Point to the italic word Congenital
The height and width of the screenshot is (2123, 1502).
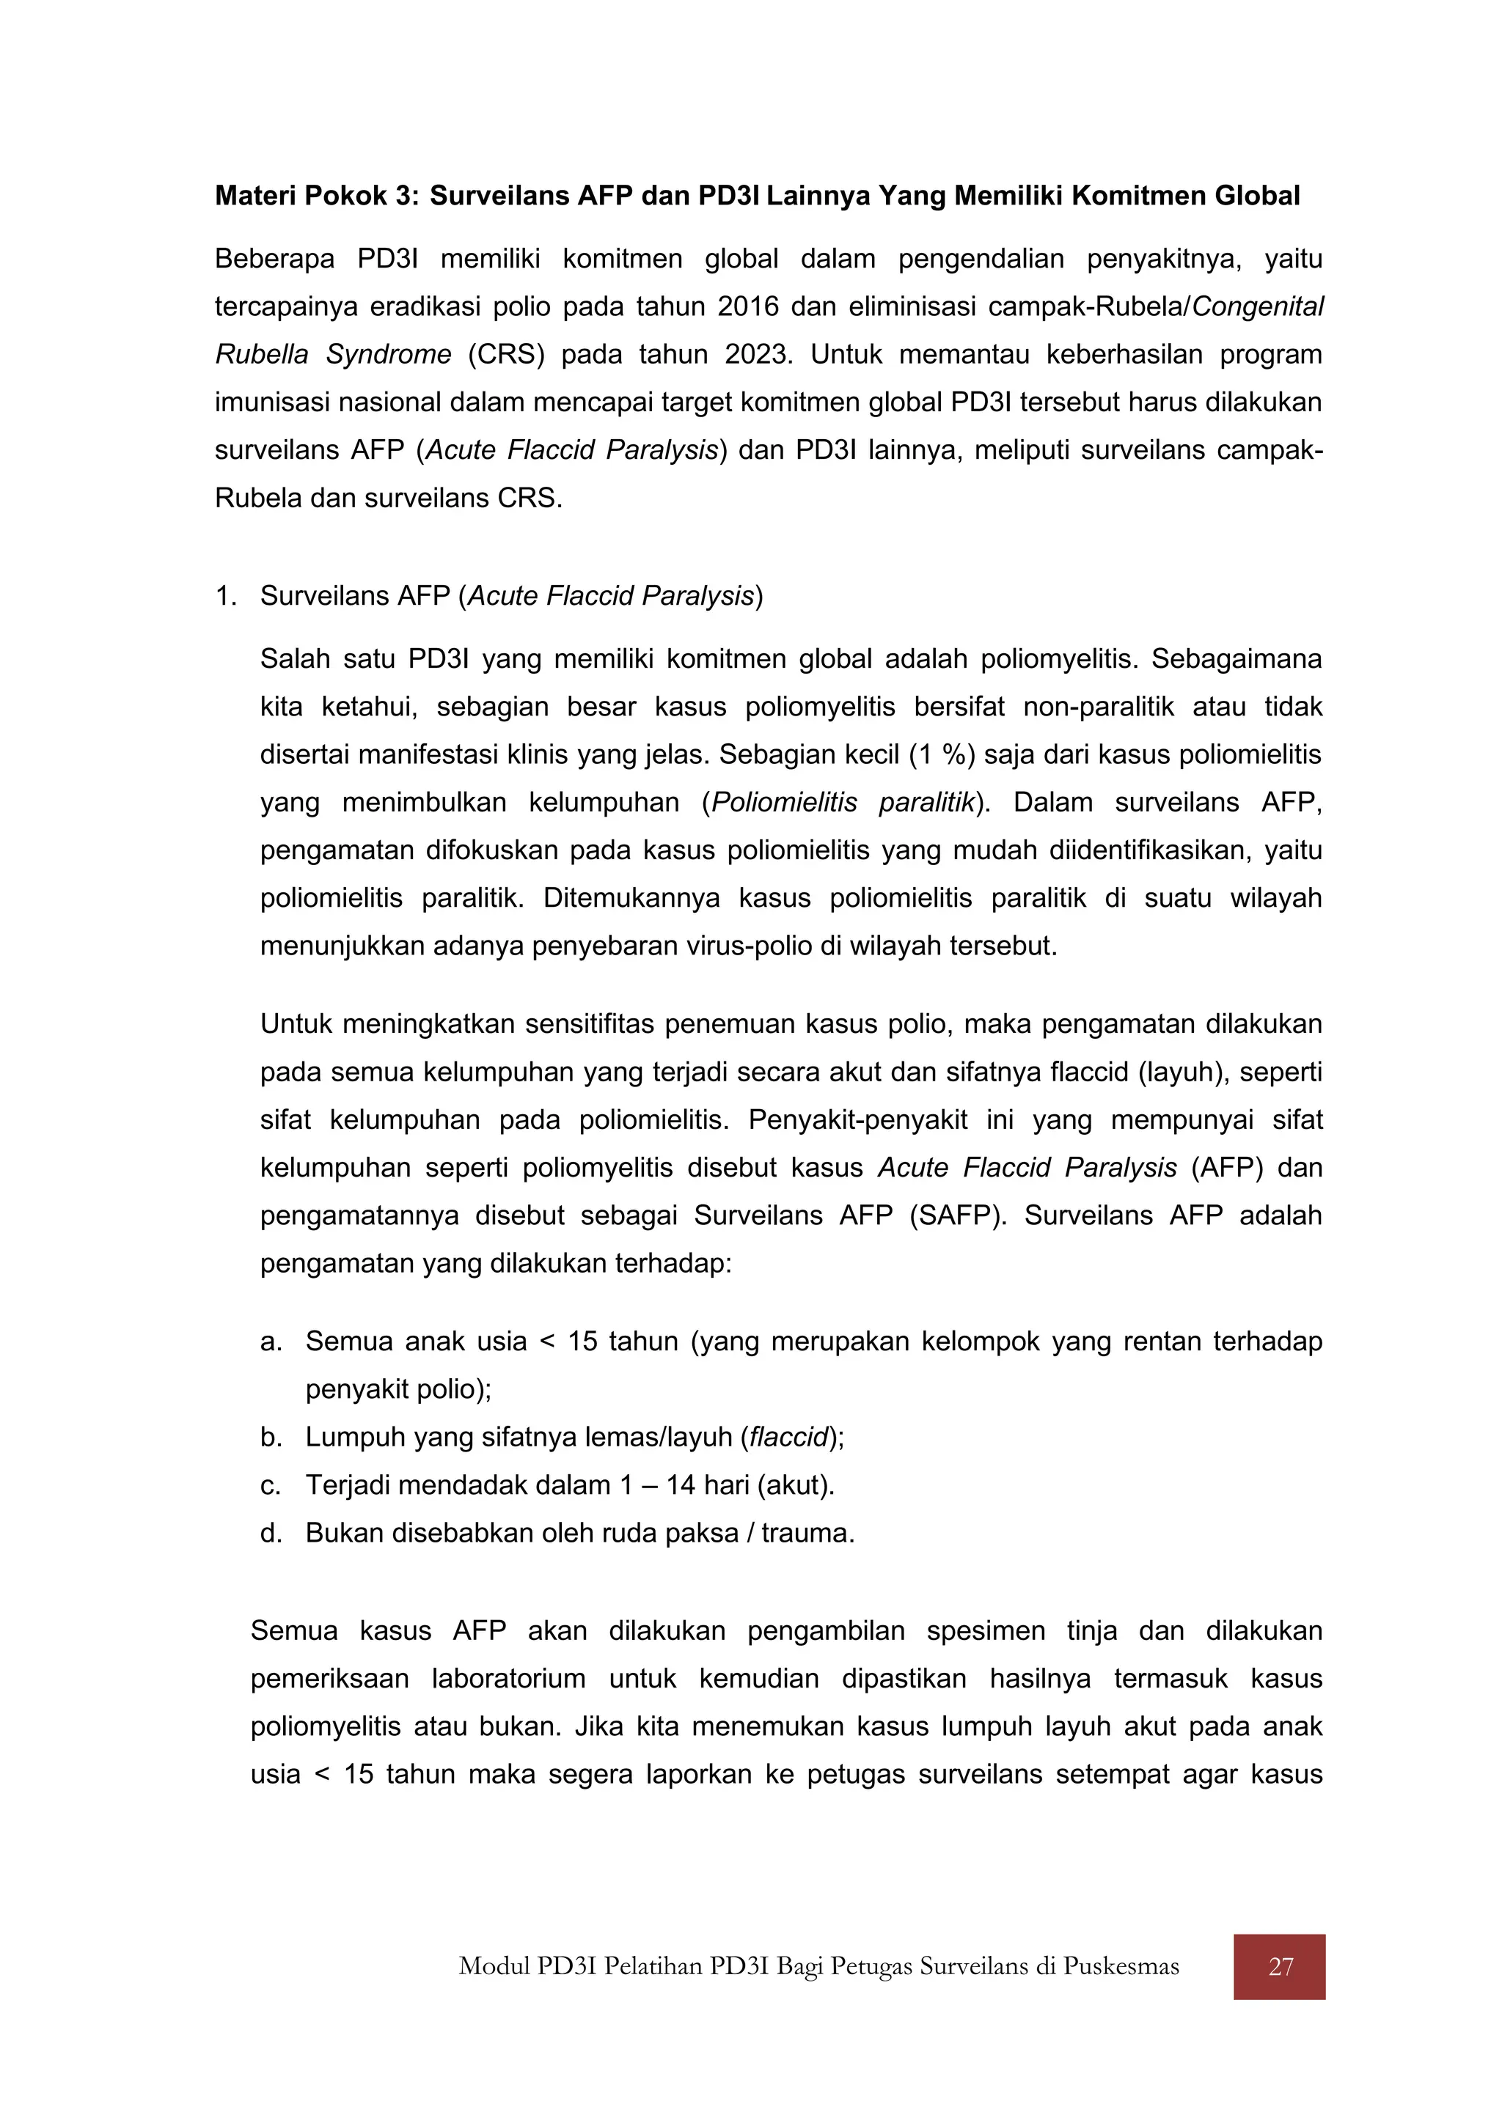click(1258, 307)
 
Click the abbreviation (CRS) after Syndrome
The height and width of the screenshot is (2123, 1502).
click(506, 355)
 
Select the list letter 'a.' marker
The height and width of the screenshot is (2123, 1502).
click(271, 1342)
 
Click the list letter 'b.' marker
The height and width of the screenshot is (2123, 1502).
click(271, 1438)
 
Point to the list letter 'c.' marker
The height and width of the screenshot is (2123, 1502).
click(270, 1486)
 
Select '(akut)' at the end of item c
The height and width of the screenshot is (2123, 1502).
click(796, 1486)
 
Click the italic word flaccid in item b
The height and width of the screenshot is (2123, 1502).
click(788, 1438)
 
